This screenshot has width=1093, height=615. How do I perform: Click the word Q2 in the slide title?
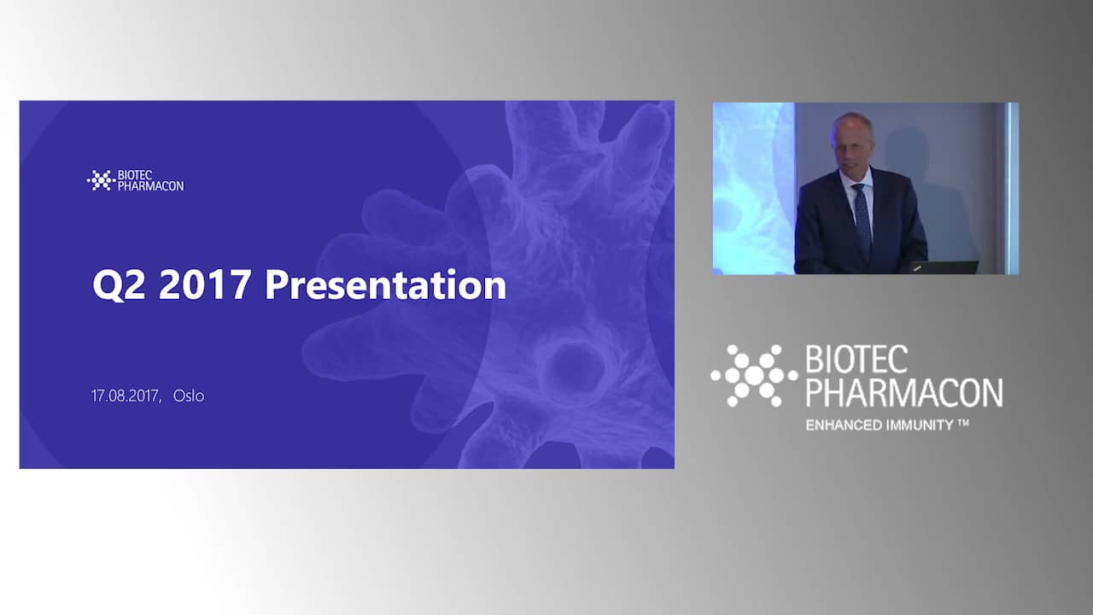point(119,285)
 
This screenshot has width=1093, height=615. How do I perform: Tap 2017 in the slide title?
point(205,284)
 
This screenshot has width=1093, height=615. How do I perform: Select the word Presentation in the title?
point(385,284)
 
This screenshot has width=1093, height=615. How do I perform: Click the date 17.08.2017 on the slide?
point(126,395)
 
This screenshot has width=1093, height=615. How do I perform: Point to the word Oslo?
point(189,395)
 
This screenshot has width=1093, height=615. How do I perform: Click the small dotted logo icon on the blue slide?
point(101,180)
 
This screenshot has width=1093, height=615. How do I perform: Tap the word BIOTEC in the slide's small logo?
point(135,175)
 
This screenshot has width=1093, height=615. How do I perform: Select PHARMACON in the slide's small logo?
point(151,186)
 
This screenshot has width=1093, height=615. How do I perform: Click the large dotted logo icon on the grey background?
point(754,375)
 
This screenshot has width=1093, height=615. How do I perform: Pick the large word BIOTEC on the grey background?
point(856,360)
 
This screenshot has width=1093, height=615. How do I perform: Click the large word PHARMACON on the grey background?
point(904,392)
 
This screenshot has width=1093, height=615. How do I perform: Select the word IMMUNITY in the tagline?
point(920,425)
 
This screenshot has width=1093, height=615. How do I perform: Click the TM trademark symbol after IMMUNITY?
point(962,423)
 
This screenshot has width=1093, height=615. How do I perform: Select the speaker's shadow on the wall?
point(927,196)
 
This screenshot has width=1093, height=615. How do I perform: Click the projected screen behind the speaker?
point(753,189)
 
